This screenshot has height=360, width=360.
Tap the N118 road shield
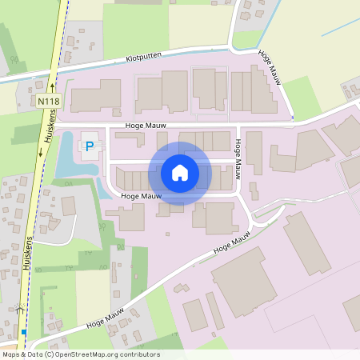pyautogui.click(x=47, y=102)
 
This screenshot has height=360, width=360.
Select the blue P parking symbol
pyautogui.click(x=90, y=146)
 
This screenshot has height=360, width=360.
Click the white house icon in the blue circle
pyautogui.click(x=180, y=173)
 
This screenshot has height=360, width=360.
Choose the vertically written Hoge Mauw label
pyautogui.click(x=238, y=156)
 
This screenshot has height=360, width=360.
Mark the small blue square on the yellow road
pyautogui.click(x=23, y=332)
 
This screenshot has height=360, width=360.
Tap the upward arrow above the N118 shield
pyautogui.click(x=51, y=85)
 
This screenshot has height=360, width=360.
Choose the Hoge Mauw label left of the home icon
pyautogui.click(x=141, y=196)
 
